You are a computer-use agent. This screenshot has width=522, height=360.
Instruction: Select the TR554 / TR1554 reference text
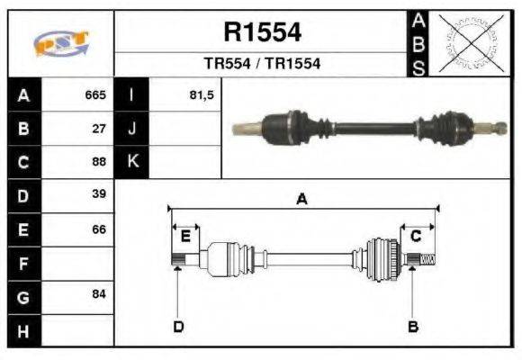coord(262,64)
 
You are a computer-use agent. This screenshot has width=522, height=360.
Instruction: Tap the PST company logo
coord(60,44)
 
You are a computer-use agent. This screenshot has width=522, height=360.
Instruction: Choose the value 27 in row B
coord(99,129)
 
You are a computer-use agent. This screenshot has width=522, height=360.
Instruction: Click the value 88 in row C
coord(99,162)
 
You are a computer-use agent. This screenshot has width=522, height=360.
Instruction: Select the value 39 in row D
coord(99,194)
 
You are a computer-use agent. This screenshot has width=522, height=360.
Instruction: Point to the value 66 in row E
coord(99,229)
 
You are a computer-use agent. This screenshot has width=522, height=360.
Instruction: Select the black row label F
coord(23,264)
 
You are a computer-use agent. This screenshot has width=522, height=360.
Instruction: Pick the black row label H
coord(23,331)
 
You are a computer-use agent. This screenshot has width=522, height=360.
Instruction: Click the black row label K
coord(132,162)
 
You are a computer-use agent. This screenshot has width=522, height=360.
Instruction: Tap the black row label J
coord(132,129)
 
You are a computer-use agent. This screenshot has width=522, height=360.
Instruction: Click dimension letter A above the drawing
coord(302,200)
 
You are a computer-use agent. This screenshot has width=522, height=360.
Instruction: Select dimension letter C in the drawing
coord(416,236)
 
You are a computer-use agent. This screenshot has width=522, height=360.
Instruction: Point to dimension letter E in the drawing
coord(185,236)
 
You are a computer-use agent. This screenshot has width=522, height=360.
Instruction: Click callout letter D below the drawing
coord(178,326)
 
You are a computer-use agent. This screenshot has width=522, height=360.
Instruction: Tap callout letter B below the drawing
coord(413,326)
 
